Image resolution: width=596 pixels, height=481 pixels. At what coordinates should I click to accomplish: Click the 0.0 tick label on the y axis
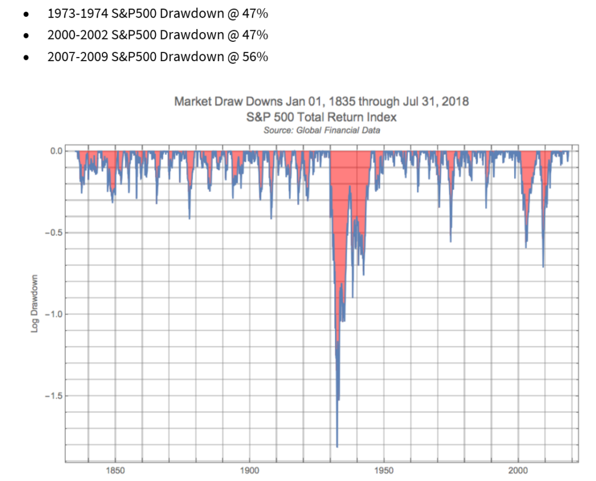(x=56, y=151)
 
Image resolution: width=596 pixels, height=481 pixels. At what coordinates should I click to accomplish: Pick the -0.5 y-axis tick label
(x=54, y=232)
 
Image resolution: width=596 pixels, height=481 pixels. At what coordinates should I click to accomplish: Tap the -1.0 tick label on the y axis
(x=54, y=314)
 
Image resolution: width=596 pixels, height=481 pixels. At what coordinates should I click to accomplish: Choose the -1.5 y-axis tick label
(x=54, y=396)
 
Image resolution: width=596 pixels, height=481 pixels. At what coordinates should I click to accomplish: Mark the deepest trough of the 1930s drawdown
(x=338, y=447)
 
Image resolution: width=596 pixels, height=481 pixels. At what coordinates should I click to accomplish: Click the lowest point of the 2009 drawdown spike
(x=543, y=267)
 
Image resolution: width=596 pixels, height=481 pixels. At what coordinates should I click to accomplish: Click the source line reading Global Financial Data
(x=321, y=130)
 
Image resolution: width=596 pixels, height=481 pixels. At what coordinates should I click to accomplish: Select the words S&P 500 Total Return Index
(x=321, y=116)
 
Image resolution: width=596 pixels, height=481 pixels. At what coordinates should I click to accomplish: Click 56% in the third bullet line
(x=256, y=57)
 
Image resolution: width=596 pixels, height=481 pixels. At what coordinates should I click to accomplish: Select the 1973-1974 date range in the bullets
(x=74, y=13)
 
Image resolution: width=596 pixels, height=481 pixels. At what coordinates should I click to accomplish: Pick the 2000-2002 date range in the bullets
(x=74, y=35)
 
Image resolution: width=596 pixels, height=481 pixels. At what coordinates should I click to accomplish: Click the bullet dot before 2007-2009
(x=26, y=58)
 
